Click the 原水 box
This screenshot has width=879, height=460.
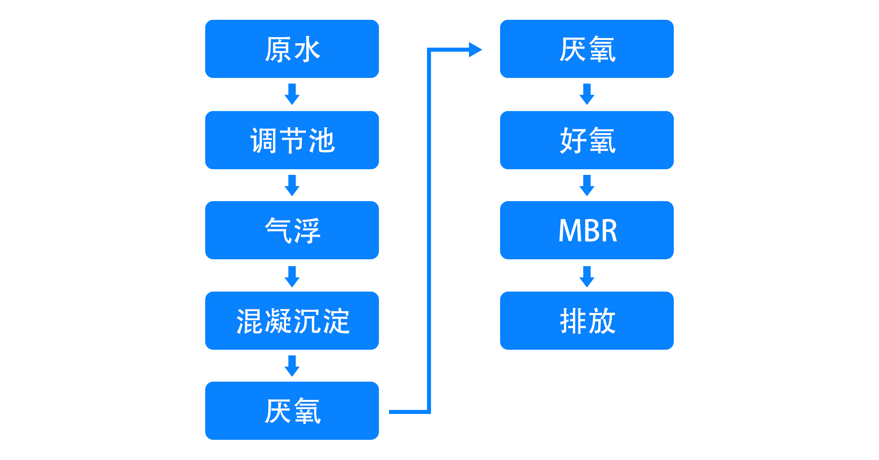point(292,49)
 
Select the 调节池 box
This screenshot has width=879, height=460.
point(292,140)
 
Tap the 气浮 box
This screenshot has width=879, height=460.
point(292,230)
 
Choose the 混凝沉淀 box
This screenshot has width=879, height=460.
point(292,321)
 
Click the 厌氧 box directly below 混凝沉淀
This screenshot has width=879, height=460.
point(292,411)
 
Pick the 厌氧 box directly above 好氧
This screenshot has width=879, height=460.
point(587,49)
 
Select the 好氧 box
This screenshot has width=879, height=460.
point(587,140)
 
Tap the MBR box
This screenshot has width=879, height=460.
point(587,230)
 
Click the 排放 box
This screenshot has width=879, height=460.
point(587,321)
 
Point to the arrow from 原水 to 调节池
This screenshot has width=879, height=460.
point(292,94)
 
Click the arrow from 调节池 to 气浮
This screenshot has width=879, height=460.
point(292,185)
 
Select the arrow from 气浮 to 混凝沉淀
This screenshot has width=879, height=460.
point(292,277)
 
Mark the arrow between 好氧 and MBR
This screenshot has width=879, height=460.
point(587,185)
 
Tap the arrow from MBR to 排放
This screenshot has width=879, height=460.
point(587,277)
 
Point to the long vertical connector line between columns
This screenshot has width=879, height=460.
point(429,231)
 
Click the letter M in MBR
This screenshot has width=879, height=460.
point(569,231)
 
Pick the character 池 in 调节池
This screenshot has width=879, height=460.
point(322,141)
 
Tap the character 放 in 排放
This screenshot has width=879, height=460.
point(602,321)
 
